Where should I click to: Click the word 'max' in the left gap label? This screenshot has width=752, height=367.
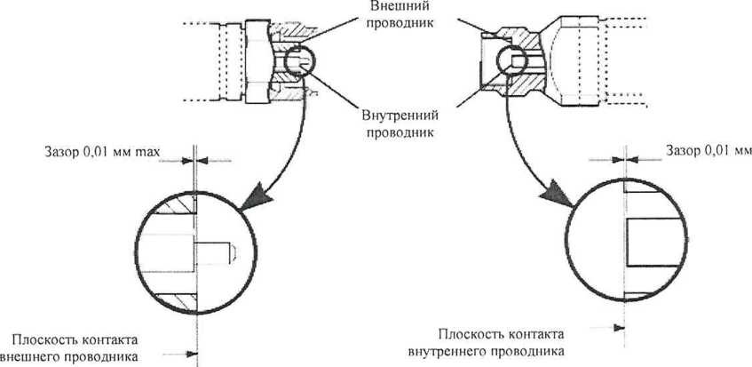[147, 157]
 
